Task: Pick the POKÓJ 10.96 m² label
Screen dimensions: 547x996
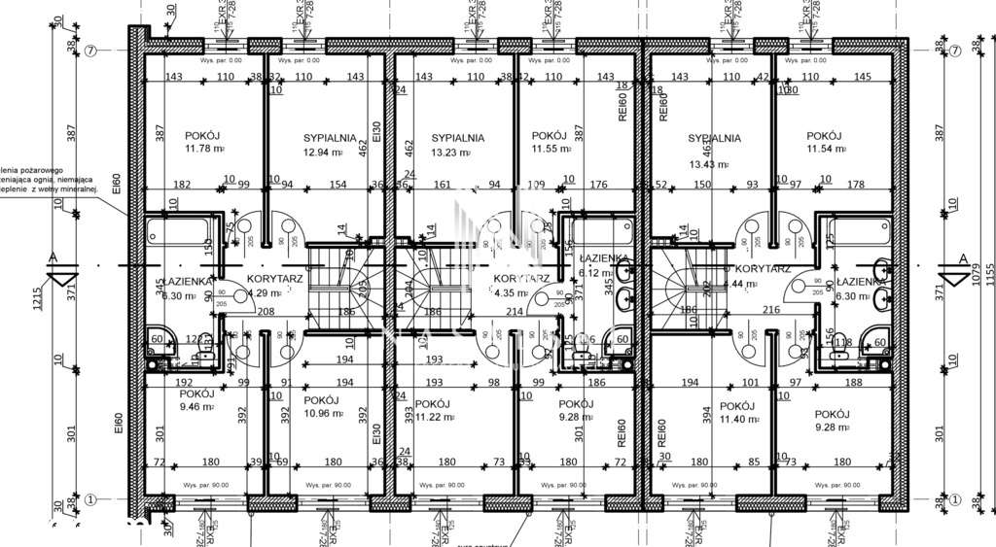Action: click(321, 407)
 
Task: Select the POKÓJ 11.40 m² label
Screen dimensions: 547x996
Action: click(736, 413)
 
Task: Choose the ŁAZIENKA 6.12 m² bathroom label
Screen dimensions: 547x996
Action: click(603, 266)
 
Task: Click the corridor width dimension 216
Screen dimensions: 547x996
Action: click(772, 309)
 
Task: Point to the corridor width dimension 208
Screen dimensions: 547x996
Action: click(266, 311)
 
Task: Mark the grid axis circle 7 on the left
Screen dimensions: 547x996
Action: click(89, 51)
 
